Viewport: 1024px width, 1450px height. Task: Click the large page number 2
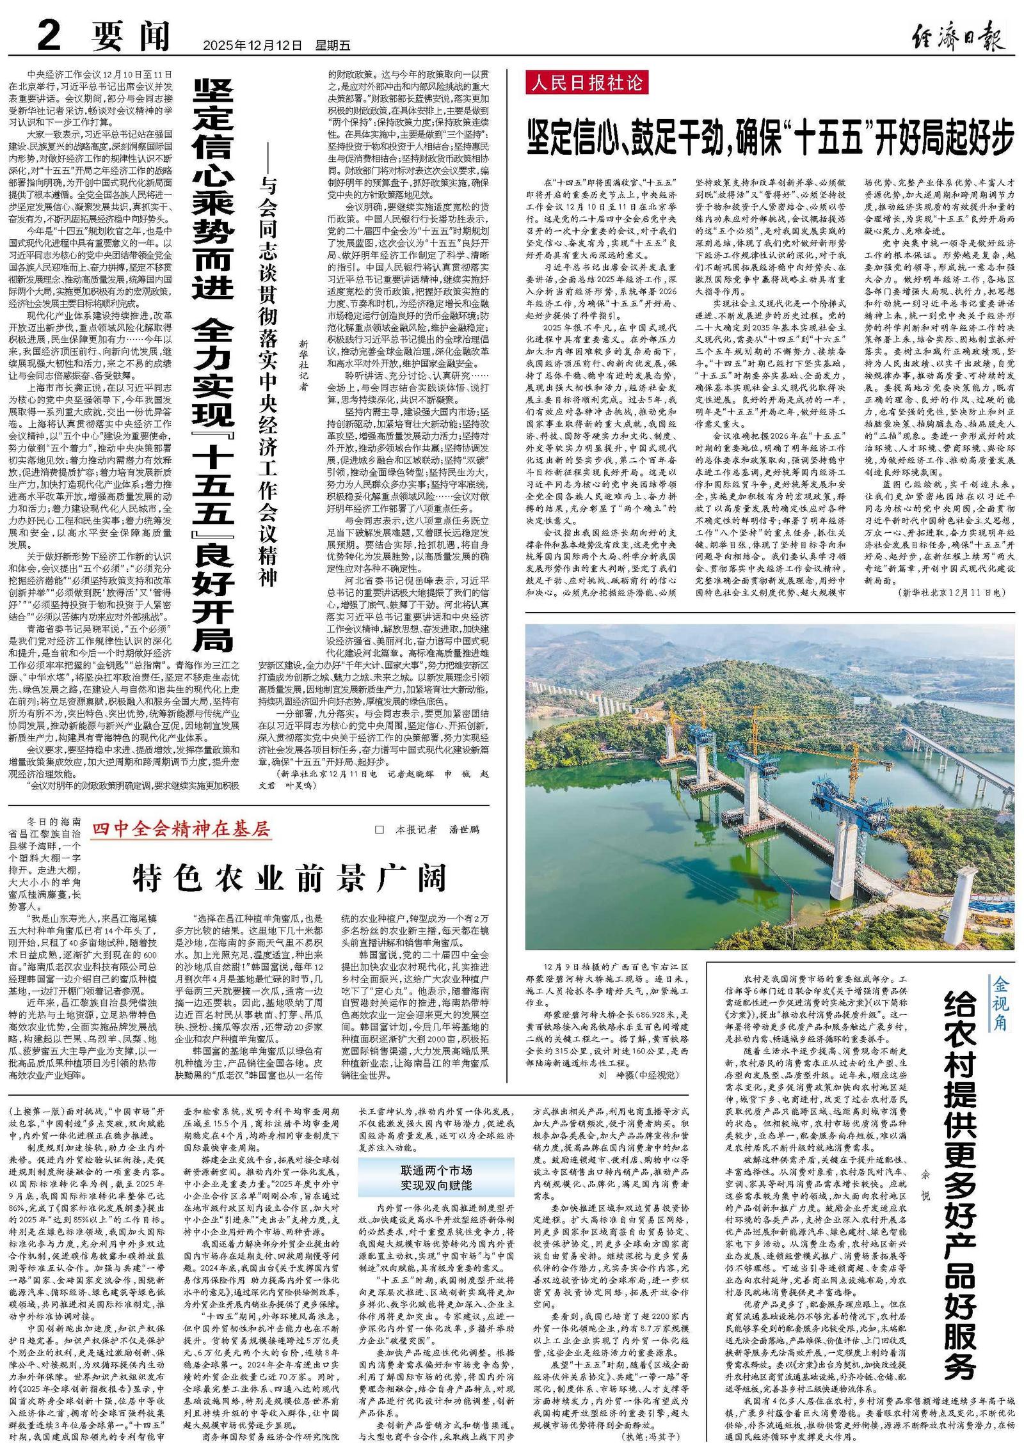(49, 35)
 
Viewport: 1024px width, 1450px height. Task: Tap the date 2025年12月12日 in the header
(252, 45)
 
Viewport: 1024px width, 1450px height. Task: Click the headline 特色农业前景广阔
(289, 878)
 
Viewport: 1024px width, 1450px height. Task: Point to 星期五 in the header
(333, 45)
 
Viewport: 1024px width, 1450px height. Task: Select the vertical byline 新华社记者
(303, 366)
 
